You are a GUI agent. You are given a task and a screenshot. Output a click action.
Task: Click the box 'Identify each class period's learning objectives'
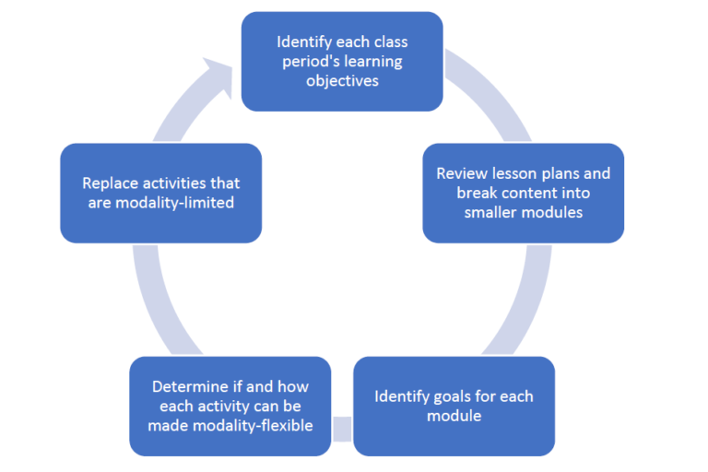pyautogui.click(x=342, y=61)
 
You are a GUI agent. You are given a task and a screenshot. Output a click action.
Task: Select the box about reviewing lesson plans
pyautogui.click(x=523, y=193)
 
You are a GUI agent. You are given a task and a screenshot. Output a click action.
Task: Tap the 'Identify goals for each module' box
pyautogui.click(x=454, y=406)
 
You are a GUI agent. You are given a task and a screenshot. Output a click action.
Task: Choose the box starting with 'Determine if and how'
pyautogui.click(x=230, y=406)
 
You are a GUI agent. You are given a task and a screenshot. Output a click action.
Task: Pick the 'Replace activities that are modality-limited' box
pyautogui.click(x=160, y=193)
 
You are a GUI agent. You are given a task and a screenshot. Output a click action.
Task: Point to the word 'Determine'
pyautogui.click(x=187, y=386)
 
